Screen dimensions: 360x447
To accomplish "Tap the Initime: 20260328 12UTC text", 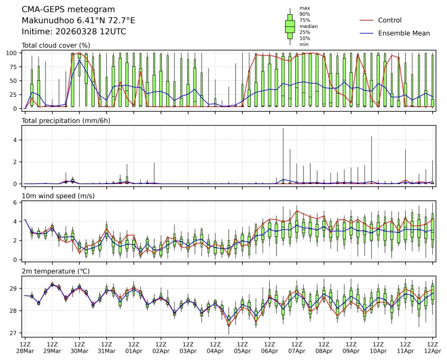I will (x=74, y=31).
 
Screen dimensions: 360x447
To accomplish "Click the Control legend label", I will (x=390, y=21).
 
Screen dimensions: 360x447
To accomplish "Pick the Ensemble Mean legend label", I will (x=404, y=33).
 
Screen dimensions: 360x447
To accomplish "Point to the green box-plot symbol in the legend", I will (x=290, y=26).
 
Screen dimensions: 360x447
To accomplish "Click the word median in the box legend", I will (x=307, y=26).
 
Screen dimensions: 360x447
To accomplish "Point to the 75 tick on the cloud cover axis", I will (x=16, y=67).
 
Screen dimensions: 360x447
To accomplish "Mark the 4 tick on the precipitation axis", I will (x=17, y=140).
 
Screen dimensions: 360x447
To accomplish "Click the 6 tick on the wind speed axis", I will (x=17, y=202).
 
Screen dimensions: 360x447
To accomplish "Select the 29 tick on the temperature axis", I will (x=16, y=289).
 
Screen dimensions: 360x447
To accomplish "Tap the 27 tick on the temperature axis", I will (x=16, y=333).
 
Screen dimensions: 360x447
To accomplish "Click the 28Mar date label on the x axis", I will (x=24, y=351).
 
